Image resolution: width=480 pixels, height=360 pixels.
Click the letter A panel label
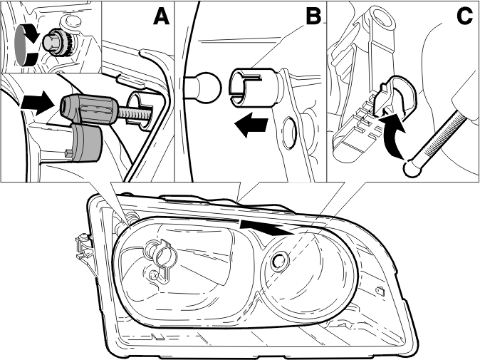pos(161,16)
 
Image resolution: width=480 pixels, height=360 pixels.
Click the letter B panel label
pos(313,16)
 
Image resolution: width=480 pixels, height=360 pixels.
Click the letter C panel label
pos(464,16)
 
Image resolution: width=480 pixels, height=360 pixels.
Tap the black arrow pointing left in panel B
pos(251,125)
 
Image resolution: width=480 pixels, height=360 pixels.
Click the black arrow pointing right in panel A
pos(38,103)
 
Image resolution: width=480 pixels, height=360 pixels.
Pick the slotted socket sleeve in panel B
pos(254,87)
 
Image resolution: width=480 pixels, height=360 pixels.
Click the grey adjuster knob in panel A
pos(89,110)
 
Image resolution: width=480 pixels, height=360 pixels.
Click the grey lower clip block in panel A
pos(85,143)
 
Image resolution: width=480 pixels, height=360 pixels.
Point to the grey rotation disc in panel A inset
pos(22,46)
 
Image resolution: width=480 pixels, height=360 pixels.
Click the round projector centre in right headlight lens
pos(279,262)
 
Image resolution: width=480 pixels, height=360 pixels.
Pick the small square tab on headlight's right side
pos(380,290)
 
